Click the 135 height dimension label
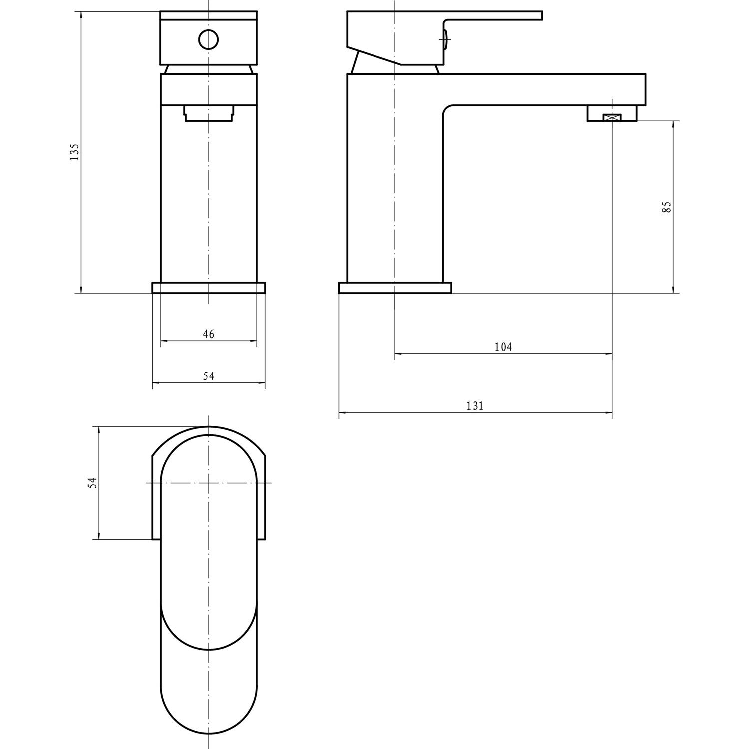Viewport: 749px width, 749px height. click(x=74, y=152)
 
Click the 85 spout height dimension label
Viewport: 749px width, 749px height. click(x=666, y=207)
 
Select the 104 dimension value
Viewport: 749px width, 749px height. click(x=503, y=347)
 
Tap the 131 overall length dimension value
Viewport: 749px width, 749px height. click(x=475, y=406)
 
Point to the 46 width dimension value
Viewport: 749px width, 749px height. click(x=209, y=334)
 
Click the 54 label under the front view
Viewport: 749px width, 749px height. click(x=209, y=376)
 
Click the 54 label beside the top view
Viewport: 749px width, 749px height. click(x=92, y=483)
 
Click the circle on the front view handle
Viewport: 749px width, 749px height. click(x=208, y=39)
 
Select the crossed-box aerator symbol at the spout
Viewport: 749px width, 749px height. click(x=612, y=117)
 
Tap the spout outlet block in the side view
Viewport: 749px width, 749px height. click(x=612, y=113)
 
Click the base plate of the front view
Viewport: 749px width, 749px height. click(x=209, y=288)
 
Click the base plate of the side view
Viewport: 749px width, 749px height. click(x=394, y=288)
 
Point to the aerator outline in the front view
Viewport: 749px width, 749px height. click(x=209, y=113)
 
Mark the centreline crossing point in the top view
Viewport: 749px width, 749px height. click(x=209, y=483)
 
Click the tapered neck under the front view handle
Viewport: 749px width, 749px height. click(x=209, y=69)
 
